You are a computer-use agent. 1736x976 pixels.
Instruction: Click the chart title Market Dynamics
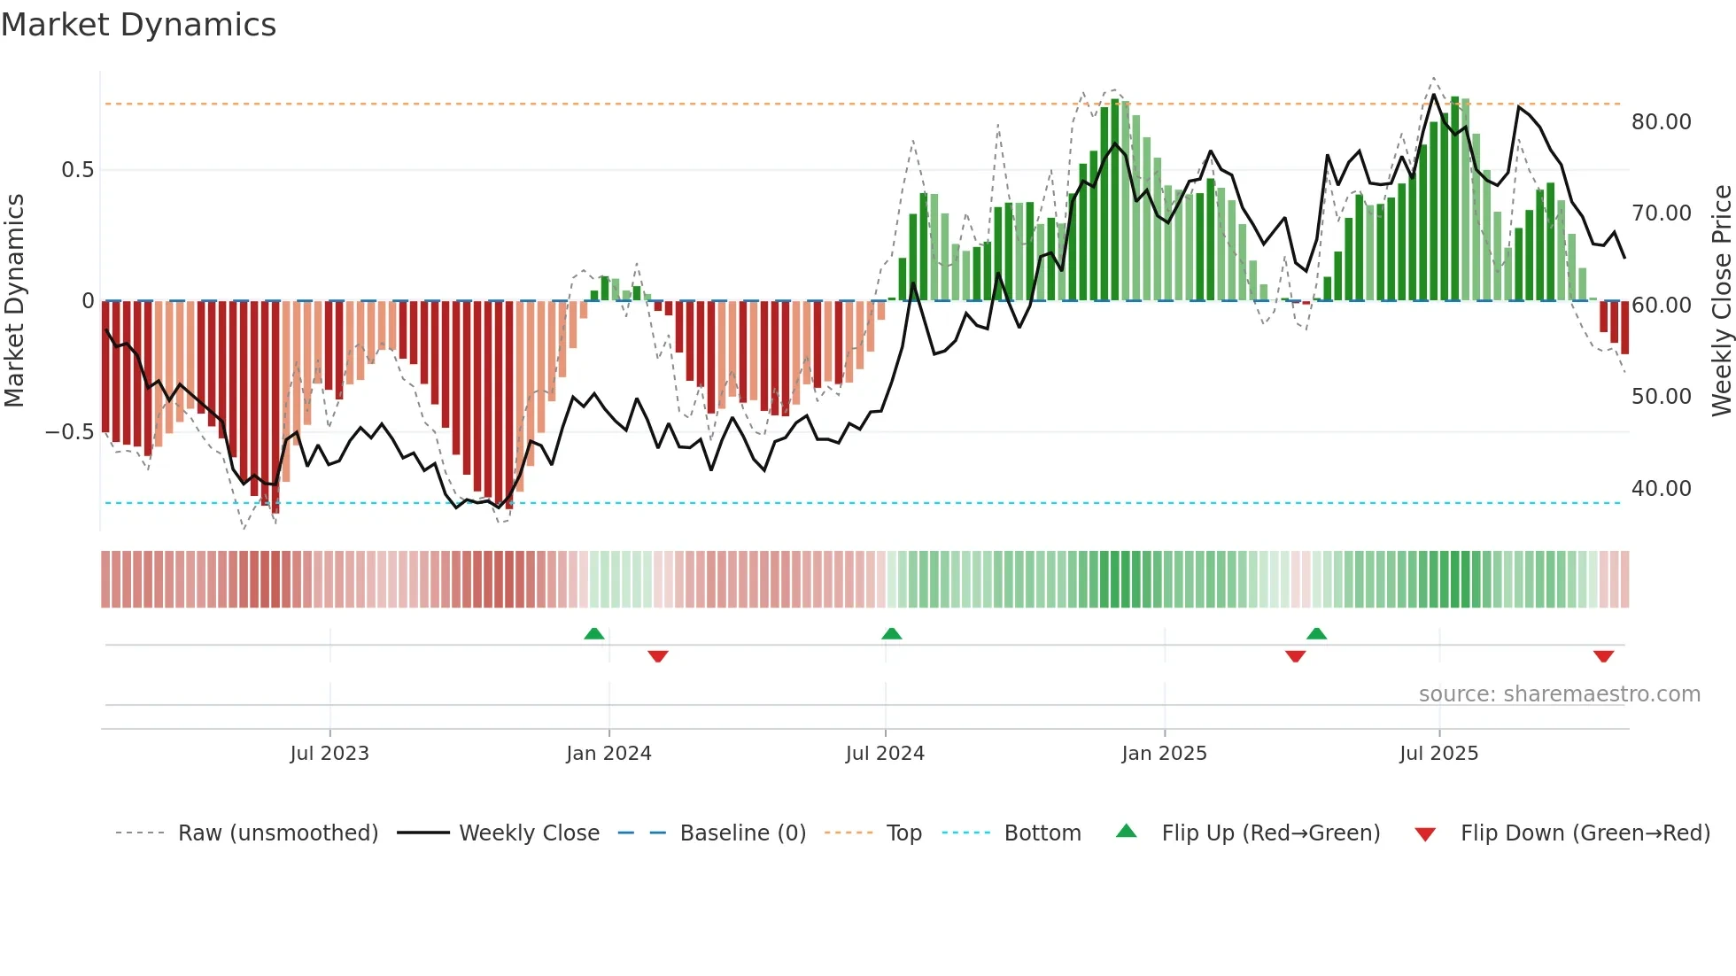click(x=139, y=25)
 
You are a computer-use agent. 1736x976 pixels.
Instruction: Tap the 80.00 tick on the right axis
click(x=1661, y=122)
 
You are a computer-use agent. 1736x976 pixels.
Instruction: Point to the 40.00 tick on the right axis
click(x=1661, y=489)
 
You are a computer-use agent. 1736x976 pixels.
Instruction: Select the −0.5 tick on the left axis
click(x=70, y=432)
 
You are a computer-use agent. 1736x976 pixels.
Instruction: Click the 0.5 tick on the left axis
click(x=77, y=170)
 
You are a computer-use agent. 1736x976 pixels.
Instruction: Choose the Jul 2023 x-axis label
click(x=329, y=754)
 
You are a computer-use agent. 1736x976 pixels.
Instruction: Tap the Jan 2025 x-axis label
click(x=1164, y=754)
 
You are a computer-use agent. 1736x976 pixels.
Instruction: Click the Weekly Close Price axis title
click(x=1721, y=301)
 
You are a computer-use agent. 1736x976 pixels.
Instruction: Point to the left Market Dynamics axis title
click(x=14, y=301)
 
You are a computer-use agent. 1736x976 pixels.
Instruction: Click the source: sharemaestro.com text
click(x=1559, y=694)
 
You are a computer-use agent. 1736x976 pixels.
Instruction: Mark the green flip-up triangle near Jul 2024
click(x=892, y=634)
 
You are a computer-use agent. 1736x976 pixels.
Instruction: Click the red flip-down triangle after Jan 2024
click(x=658, y=656)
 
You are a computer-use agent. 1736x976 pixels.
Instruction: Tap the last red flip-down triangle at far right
click(x=1603, y=656)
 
